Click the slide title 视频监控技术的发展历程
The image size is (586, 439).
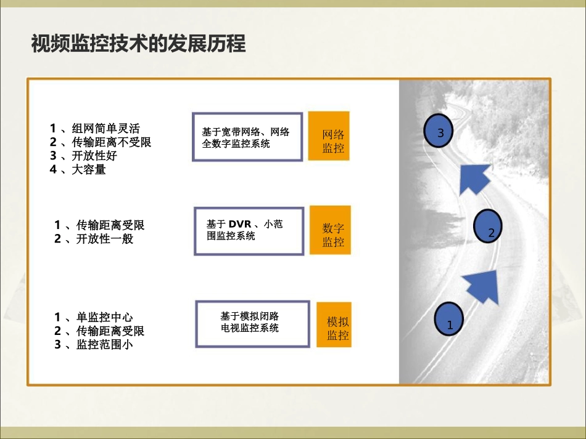pos(138,44)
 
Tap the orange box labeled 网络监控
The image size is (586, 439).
pos(329,136)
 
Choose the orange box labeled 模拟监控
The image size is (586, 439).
pos(334,324)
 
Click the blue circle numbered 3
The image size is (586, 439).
pos(439,131)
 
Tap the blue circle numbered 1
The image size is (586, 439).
pos(450,320)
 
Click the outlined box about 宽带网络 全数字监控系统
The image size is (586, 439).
pos(247,137)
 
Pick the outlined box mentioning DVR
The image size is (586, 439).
pos(249,230)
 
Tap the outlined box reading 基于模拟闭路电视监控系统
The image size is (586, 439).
pos(252,323)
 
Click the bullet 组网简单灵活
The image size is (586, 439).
pos(95,129)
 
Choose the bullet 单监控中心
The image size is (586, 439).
pos(93,317)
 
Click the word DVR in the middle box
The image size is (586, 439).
pos(240,225)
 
